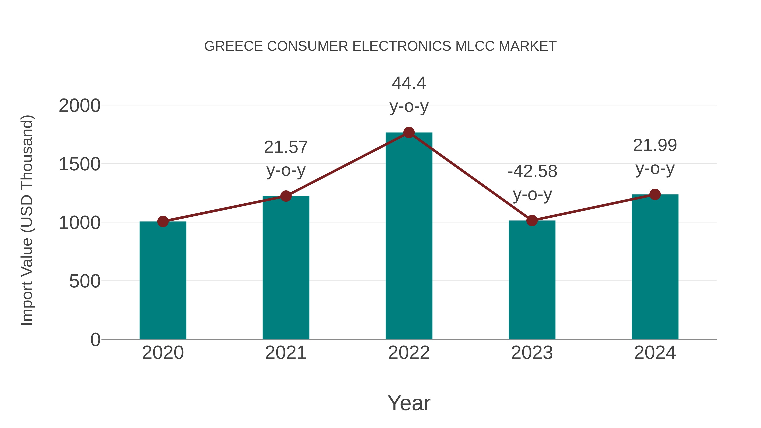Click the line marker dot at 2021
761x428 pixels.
[286, 196]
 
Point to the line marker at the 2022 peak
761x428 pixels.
[409, 133]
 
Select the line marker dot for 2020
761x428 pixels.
[163, 221]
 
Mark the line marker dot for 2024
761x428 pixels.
[655, 194]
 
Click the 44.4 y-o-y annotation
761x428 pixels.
[409, 94]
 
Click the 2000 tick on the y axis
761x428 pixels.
[79, 105]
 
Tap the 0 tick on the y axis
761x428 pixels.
[95, 339]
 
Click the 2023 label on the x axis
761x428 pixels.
[532, 353]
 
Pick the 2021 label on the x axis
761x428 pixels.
[286, 353]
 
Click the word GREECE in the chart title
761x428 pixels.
[233, 46]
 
